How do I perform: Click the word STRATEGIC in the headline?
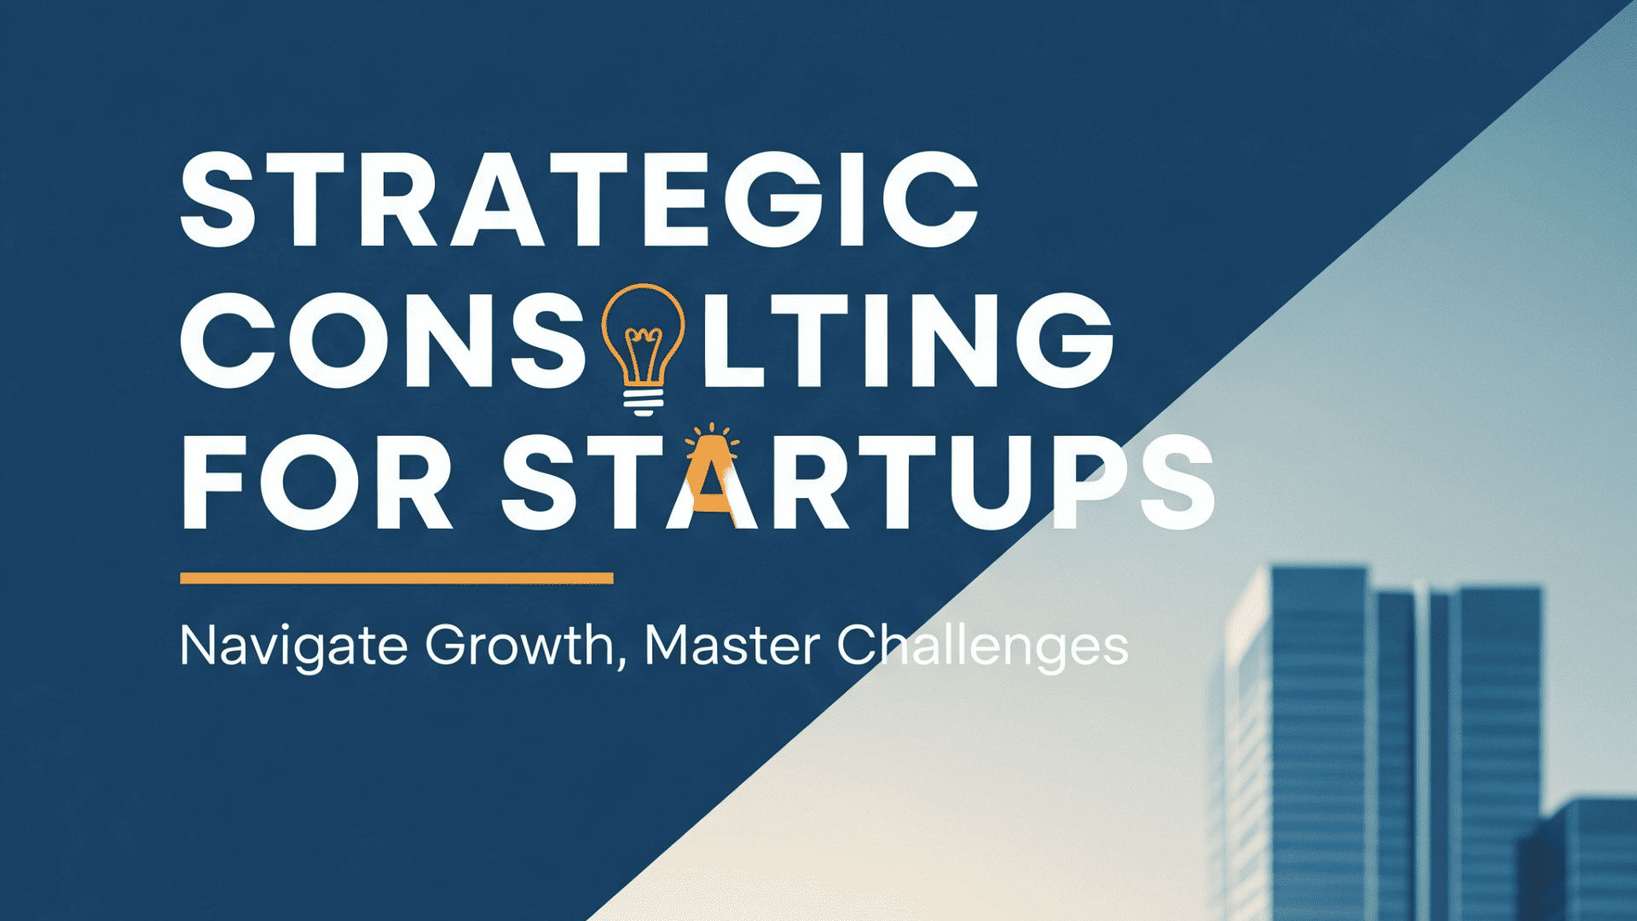[x=580, y=200]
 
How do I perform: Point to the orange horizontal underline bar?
[x=396, y=578]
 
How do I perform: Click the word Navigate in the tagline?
[x=294, y=647]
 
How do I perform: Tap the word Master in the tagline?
[x=732, y=646]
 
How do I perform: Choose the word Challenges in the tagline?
[x=982, y=647]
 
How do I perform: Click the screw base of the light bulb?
[x=644, y=401]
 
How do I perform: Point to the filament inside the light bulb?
[x=644, y=354]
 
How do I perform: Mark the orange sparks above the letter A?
[x=712, y=435]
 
